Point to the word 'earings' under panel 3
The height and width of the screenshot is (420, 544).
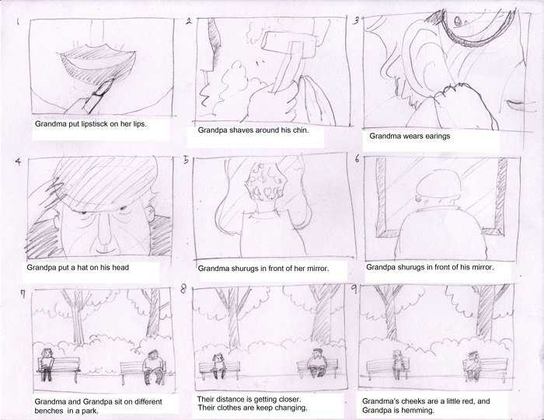438,136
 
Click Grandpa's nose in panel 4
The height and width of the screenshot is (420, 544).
103,229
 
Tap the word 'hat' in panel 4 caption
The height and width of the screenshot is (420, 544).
94,268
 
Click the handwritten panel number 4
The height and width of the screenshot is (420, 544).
18,161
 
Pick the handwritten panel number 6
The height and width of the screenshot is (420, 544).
357,159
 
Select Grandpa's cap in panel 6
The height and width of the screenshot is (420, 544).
438,184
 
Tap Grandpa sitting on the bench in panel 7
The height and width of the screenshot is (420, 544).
154,366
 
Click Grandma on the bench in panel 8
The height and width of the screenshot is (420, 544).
218,366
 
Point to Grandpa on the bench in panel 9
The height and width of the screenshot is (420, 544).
472,366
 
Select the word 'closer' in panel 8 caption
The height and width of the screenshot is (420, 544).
290,399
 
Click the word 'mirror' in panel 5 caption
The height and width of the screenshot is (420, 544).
318,269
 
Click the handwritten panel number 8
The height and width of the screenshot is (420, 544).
183,289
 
